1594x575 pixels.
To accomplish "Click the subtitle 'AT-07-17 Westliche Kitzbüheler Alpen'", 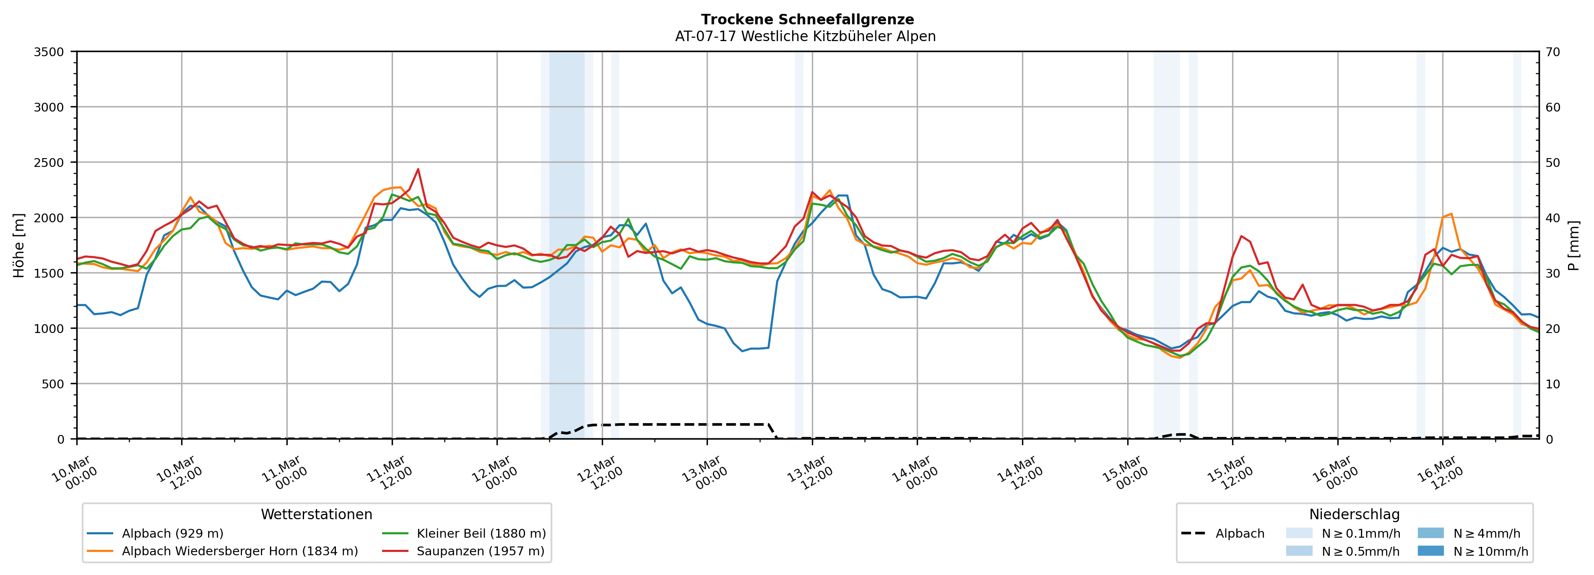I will [805, 36].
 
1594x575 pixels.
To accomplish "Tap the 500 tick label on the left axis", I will [52, 384].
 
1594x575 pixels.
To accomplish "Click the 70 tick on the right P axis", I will [1552, 52].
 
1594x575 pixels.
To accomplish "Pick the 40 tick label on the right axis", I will [1552, 218].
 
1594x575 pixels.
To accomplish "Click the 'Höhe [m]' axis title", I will [18, 246].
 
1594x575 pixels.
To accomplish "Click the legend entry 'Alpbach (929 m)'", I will [172, 533].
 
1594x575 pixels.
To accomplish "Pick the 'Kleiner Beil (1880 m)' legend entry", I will [481, 533].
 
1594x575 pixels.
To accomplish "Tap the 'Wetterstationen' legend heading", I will [316, 514].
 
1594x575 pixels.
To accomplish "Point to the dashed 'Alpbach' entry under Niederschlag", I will [1240, 533].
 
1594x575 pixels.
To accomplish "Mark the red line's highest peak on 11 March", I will [418, 169].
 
